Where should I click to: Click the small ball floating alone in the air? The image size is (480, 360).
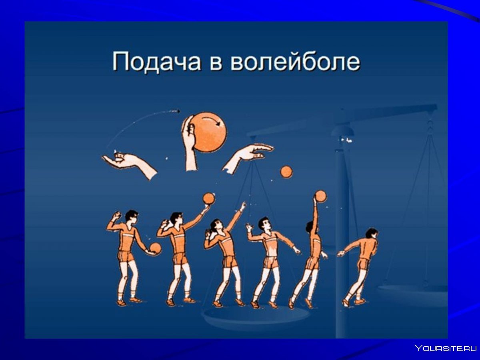tap(286, 172)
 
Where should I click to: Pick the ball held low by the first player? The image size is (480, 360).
tap(155, 248)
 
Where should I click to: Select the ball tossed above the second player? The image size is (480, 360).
tap(208, 198)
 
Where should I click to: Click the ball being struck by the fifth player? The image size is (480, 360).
tap(320, 196)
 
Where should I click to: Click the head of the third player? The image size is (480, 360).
tap(216, 226)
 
